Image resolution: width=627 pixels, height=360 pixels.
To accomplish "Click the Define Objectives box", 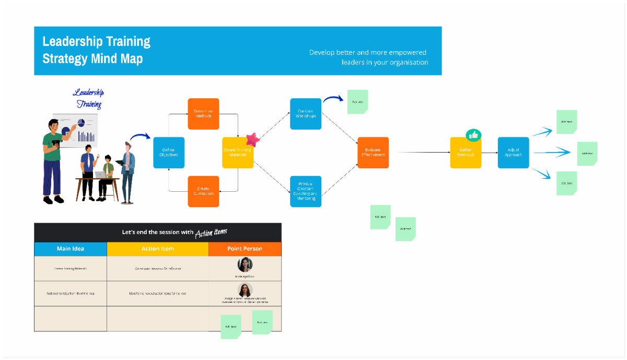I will coord(168,153).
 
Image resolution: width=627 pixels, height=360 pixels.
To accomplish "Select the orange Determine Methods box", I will coord(203,114).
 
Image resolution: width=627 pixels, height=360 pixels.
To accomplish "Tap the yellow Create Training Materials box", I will coord(238,153).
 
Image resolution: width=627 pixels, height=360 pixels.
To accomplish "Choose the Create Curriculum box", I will coord(203,191).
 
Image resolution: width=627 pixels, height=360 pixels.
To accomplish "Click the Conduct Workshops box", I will coord(306,114).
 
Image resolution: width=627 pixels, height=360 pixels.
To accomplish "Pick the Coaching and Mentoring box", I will coord(306,191).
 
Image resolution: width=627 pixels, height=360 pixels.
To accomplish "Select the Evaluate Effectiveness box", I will coord(373,153).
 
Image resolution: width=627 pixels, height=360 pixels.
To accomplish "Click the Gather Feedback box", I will coord(466,153).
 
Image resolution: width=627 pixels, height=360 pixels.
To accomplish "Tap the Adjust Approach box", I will coord(513,153).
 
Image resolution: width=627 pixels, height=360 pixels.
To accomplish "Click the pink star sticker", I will coord(253,139).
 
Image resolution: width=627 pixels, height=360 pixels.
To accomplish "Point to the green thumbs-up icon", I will coord(473,135).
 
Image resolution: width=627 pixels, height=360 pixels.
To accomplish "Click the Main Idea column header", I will coord(71,249).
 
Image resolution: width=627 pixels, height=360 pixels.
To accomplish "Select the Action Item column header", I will coord(157,249).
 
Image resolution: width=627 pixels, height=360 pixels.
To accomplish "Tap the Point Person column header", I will coord(245,249).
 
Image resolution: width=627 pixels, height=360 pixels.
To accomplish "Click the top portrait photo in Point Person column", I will coord(245,264).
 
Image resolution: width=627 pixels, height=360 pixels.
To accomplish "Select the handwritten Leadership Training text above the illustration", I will coord(88,98).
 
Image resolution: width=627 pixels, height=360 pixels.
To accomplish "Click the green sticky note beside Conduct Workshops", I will coord(357,102).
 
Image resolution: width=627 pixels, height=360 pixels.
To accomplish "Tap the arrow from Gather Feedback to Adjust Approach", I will coord(489,153).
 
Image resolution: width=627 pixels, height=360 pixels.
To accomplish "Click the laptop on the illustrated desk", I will coord(99,175).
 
